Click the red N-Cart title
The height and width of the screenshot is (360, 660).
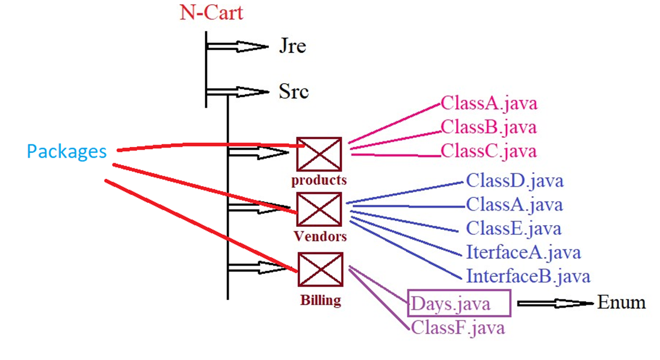pos(211,13)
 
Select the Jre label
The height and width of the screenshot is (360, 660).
pos(292,46)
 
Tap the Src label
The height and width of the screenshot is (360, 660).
pos(294,92)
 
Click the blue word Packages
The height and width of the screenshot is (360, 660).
pos(66,151)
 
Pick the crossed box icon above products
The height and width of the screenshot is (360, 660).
pos(319,154)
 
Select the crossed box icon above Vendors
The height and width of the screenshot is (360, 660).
pos(319,209)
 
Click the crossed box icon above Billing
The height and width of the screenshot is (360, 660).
pos(321,270)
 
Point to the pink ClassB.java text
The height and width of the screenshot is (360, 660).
pos(489,127)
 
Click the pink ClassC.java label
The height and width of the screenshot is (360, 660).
pos(489,151)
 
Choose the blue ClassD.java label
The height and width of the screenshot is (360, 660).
pos(514,181)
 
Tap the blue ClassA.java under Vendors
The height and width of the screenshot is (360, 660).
pos(514,205)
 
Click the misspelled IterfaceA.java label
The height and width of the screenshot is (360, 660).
pos(523,252)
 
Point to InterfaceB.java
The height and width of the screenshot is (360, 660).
pos(528,276)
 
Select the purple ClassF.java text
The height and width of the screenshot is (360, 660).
pos(458,327)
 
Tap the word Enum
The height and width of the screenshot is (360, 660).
pos(621,302)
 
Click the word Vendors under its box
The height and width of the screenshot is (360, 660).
pos(320,236)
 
